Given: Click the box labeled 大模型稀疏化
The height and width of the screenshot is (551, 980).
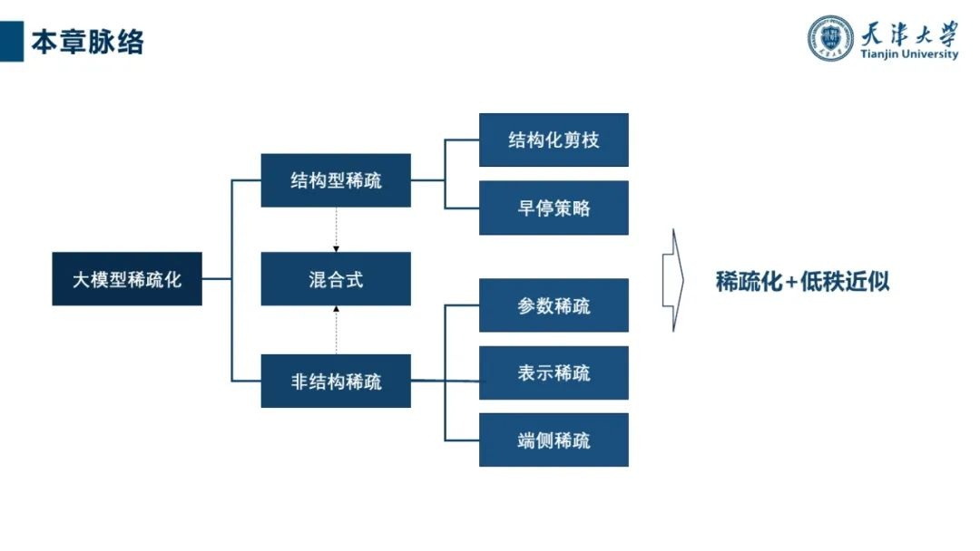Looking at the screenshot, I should coord(127,279).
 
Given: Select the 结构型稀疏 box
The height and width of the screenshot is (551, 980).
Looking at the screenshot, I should coord(336,180).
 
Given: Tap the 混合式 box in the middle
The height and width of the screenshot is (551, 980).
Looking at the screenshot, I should coord(336,279).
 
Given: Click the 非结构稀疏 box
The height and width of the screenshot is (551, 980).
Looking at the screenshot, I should coord(336,382).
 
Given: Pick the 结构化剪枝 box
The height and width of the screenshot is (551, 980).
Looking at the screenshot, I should coord(554,140).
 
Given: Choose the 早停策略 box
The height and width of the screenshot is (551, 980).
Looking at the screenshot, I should coord(554,208).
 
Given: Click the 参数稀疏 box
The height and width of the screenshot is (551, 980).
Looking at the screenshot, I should coord(554,305).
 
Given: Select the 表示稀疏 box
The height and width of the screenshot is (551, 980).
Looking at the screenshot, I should coord(554,372).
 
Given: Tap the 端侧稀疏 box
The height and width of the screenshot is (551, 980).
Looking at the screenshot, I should coord(554,440).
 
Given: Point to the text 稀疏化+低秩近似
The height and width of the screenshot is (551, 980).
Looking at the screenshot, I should coord(802,281).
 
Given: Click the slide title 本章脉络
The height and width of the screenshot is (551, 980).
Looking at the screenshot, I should coord(87,42).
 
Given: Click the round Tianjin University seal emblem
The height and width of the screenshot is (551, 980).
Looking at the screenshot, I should coord(830,37).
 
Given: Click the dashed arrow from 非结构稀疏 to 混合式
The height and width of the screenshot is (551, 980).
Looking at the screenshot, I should coord(337,330).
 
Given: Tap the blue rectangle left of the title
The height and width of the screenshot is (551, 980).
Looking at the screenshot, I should coord(12,42).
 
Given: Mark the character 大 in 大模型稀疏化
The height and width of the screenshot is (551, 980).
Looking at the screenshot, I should coord(82,280).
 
